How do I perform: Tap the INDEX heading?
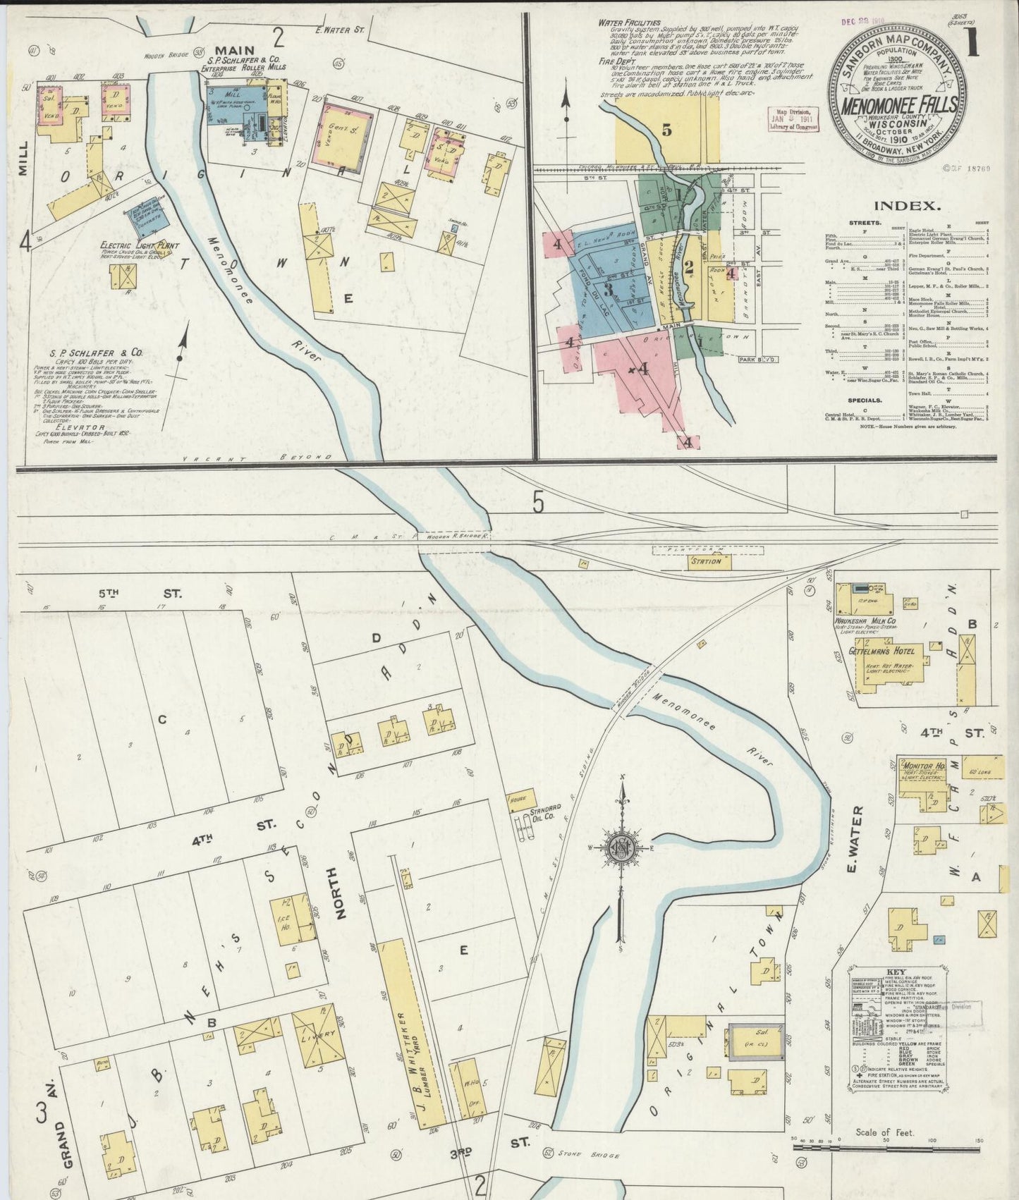point(907,207)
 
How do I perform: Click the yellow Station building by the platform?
point(706,561)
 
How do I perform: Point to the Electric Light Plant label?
point(133,246)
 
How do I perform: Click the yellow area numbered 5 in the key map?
point(666,130)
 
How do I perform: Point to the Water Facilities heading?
point(629,23)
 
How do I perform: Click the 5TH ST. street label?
point(159,594)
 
